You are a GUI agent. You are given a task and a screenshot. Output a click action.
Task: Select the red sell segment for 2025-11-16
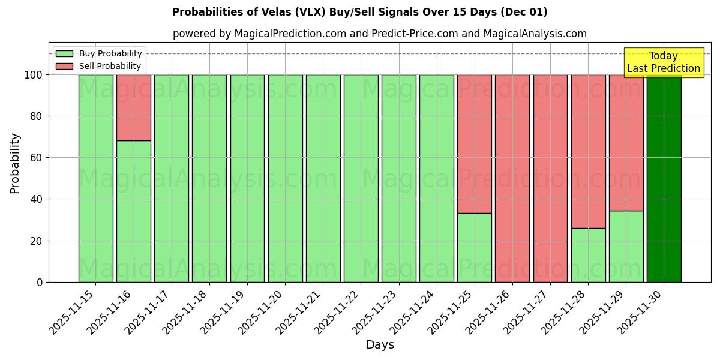(133, 107)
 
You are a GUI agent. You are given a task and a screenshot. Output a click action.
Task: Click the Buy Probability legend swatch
(64, 54)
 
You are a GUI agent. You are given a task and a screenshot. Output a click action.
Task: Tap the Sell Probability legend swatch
(64, 67)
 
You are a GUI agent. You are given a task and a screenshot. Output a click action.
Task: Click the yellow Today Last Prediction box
(663, 62)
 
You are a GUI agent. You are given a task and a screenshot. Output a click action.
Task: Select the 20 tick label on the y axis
(38, 241)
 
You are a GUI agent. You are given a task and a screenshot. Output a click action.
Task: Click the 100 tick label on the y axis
(34, 75)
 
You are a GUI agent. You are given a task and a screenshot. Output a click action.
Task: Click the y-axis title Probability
(15, 163)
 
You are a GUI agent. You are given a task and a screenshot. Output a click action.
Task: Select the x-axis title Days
(380, 345)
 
